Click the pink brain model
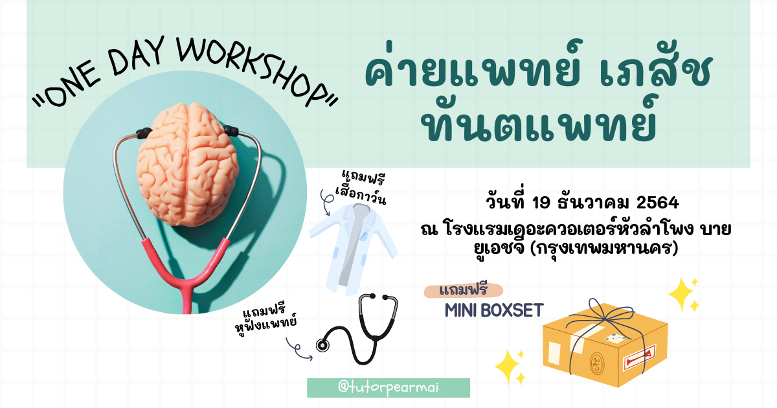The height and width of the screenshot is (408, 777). [188, 164]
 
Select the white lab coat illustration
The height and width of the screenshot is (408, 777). [353, 249]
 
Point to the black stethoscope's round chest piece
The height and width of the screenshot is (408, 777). [322, 345]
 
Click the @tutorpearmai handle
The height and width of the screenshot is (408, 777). [388, 387]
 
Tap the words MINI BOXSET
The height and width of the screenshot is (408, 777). [494, 310]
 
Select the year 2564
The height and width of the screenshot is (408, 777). [657, 203]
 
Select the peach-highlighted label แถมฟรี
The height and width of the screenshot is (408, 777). [464, 290]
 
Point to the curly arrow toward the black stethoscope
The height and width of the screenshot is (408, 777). [298, 350]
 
